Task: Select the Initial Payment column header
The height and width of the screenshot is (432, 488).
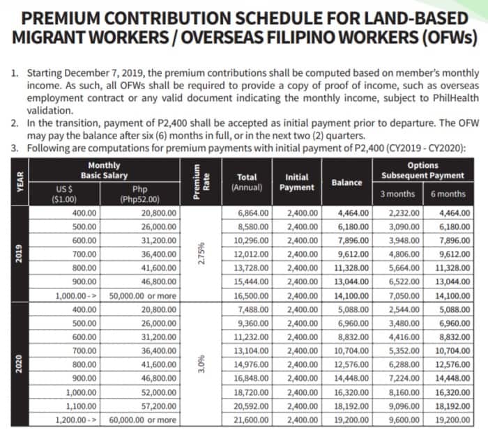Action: [298, 182]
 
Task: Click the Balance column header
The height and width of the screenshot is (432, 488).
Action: [346, 183]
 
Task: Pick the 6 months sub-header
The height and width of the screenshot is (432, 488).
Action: [448, 194]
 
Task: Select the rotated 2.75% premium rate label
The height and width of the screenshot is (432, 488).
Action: [201, 253]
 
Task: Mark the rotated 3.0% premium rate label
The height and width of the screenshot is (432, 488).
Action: [201, 364]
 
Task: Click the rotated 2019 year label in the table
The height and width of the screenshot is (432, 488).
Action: [20, 253]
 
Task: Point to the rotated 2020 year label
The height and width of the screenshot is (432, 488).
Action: [20, 364]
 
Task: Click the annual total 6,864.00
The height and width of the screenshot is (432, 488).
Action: [247, 214]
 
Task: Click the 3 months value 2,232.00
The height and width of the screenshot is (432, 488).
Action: [404, 214]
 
